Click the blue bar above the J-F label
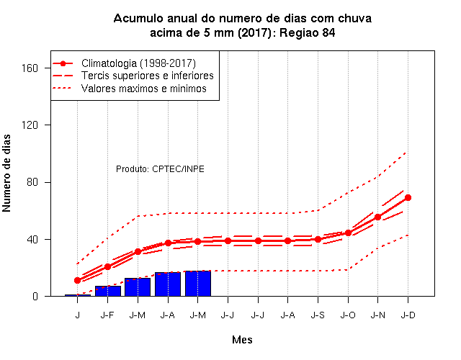108,291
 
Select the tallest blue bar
198,284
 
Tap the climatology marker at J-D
408,197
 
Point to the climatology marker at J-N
377,217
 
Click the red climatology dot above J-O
348,233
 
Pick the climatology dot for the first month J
77,280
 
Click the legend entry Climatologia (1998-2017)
138,63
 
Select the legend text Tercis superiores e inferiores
147,76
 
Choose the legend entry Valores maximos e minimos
144,89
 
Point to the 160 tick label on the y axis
30,68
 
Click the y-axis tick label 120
30,125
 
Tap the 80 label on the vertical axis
32,182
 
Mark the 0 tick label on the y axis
35,296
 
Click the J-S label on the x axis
318,315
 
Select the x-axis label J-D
408,315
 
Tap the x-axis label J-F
107,315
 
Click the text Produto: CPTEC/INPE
160,169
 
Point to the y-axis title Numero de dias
6,173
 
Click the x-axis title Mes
242,340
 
